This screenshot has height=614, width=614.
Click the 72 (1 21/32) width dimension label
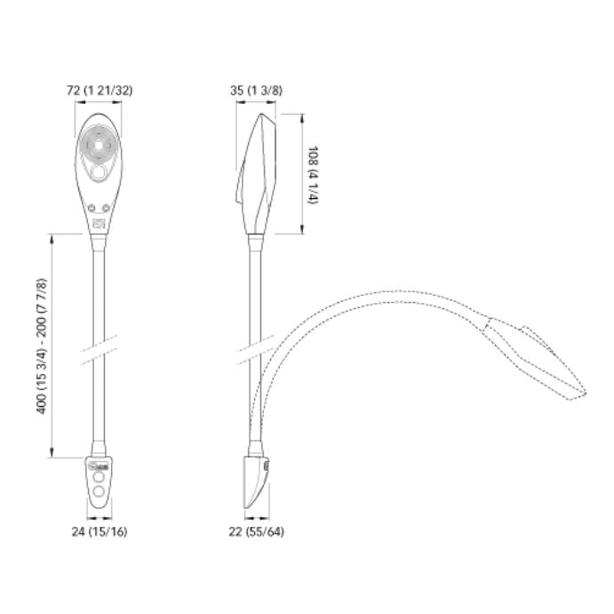(x=100, y=91)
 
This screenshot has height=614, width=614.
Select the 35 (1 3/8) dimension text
(x=256, y=91)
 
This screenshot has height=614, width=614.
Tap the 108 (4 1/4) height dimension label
(x=314, y=175)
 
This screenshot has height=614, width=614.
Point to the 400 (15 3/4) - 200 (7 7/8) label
(x=42, y=346)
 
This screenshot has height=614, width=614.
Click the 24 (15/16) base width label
(x=100, y=531)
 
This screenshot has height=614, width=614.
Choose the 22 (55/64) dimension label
(x=257, y=531)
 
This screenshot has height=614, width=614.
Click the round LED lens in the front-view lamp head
(x=98, y=145)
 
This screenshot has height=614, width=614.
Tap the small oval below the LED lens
(x=98, y=172)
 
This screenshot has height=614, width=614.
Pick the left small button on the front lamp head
(x=92, y=208)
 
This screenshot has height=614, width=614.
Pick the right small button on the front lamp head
(x=106, y=208)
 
